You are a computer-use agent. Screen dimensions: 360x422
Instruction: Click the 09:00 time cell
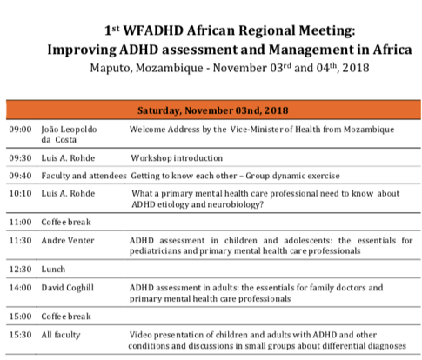point(20,129)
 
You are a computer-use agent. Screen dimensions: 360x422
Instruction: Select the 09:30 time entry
point(20,161)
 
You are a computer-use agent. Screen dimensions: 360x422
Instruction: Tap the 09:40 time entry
point(20,177)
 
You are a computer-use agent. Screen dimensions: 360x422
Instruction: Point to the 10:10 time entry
point(20,193)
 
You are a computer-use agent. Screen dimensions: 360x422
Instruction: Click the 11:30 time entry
point(20,239)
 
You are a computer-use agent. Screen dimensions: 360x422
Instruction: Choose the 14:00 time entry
point(20,286)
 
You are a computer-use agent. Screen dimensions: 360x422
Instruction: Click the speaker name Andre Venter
point(67,239)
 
